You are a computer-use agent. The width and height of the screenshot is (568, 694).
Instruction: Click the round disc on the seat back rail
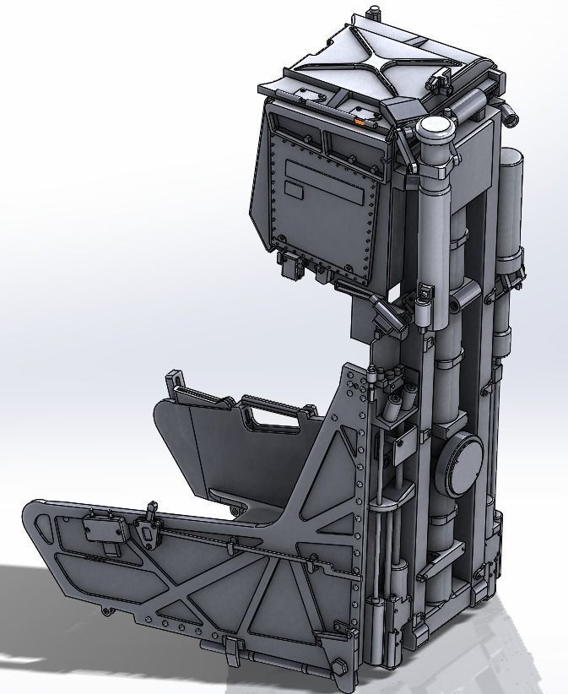click(461, 465)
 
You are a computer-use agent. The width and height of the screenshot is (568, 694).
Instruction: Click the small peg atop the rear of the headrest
click(371, 12)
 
